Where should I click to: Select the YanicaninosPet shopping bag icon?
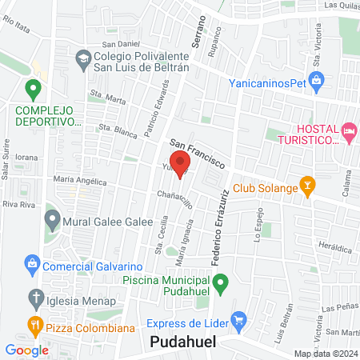click(x=318, y=80)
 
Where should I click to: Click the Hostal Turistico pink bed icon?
click(x=348, y=130)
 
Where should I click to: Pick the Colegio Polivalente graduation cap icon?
click(x=83, y=58)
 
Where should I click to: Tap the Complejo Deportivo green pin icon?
click(x=33, y=89)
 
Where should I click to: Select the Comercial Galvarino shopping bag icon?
click(x=32, y=263)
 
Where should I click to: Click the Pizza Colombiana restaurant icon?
click(x=34, y=326)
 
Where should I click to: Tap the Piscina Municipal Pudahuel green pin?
click(x=224, y=282)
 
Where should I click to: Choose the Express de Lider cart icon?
click(x=238, y=321)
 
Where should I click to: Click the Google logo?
click(x=26, y=350)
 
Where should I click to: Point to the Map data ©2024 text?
click(x=325, y=354)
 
